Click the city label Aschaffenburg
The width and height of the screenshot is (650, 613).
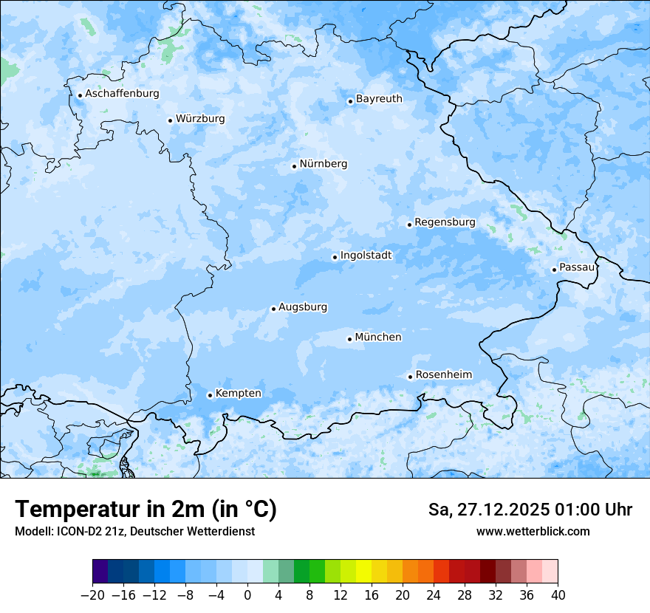pyautogui.click(x=122, y=94)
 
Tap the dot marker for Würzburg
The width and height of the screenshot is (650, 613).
pyautogui.click(x=170, y=120)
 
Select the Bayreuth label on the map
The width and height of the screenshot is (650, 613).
pyautogui.click(x=379, y=99)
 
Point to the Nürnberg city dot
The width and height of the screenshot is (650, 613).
pyautogui.click(x=294, y=166)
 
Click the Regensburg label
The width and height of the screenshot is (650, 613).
pyautogui.click(x=445, y=222)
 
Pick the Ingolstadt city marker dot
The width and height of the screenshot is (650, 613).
pyautogui.click(x=335, y=258)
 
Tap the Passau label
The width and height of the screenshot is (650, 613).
pyautogui.click(x=577, y=267)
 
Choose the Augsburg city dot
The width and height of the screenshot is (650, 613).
pyautogui.click(x=273, y=309)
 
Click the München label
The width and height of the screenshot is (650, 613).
pyautogui.click(x=378, y=338)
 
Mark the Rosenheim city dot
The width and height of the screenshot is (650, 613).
pyautogui.click(x=410, y=377)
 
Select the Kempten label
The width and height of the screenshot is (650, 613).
pyautogui.click(x=238, y=394)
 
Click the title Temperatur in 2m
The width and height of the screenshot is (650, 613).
pyautogui.click(x=146, y=510)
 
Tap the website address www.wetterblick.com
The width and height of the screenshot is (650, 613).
pyautogui.click(x=533, y=532)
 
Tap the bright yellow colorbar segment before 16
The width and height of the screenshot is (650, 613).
pyautogui.click(x=363, y=572)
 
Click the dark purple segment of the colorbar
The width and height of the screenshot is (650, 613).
pyautogui.click(x=100, y=572)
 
